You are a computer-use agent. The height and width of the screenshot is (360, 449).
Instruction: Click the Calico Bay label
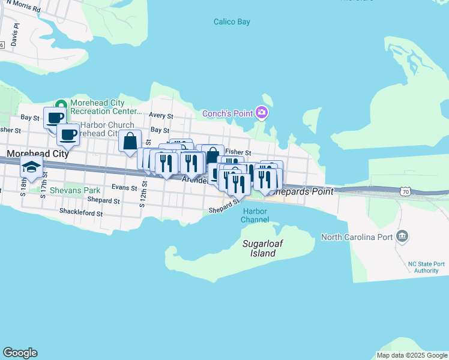232,22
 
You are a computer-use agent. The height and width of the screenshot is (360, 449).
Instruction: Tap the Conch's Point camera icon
261,113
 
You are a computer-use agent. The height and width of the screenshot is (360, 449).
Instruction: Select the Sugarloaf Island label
259,248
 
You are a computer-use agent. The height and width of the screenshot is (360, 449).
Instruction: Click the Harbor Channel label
256,215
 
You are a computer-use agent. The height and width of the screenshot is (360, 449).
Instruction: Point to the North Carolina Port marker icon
403,236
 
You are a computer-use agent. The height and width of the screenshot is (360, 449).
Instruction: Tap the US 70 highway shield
406,192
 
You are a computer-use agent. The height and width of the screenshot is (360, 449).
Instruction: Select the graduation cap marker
31,168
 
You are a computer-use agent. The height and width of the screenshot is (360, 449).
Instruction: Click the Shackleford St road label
81,212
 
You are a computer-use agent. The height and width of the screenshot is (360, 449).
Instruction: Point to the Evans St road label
124,188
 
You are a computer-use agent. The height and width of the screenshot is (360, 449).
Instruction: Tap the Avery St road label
161,116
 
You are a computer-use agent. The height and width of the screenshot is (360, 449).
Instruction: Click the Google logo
20,353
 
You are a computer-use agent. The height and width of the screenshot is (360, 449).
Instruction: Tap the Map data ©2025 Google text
411,355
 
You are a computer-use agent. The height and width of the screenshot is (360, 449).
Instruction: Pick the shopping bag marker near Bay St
130,142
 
